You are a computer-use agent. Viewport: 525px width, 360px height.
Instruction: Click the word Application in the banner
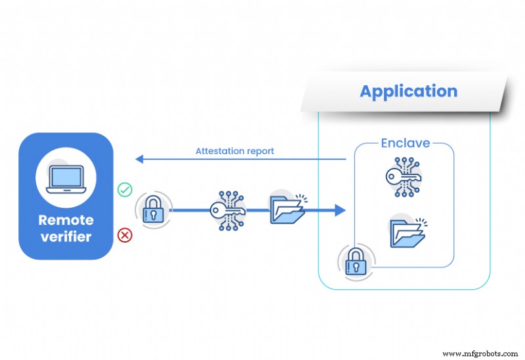tap(408, 91)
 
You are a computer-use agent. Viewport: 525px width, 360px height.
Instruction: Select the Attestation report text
tap(234, 151)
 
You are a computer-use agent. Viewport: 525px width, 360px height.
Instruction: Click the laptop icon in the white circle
tap(66, 178)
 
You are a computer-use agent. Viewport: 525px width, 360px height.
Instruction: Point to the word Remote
tap(66, 220)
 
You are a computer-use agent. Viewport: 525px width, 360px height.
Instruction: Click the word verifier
tap(66, 237)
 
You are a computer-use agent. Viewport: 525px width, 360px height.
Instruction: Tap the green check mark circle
tap(124, 190)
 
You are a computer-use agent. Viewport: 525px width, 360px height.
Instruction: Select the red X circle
tap(124, 234)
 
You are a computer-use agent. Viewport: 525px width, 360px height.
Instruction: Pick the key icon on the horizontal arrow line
tap(226, 210)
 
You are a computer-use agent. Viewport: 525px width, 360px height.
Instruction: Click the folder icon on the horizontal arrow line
tap(287, 210)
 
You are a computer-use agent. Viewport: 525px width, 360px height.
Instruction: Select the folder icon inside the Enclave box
tap(407, 233)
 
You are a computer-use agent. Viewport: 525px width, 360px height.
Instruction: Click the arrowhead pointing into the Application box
tap(339, 210)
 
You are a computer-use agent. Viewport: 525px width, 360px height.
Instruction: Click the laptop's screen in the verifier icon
tap(66, 176)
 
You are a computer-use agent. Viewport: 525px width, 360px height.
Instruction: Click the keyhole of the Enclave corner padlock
tap(355, 267)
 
